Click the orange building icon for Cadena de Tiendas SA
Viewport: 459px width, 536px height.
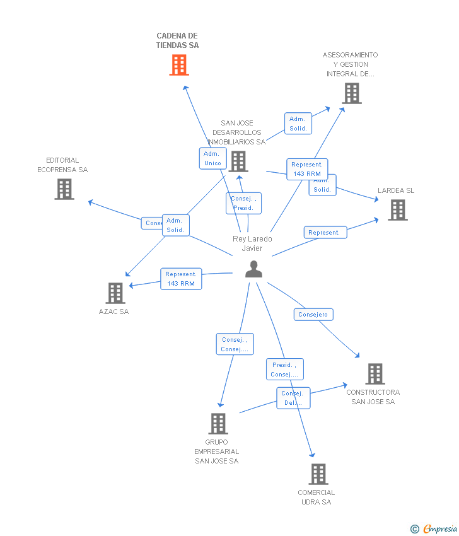click(x=179, y=65)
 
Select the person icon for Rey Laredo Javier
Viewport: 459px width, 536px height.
click(x=253, y=269)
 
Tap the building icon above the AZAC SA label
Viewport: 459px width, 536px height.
click(x=115, y=293)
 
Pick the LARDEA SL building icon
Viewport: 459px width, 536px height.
click(x=398, y=210)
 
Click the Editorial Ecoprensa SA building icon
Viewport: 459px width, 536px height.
click(x=64, y=189)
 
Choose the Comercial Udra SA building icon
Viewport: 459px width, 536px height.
click(x=318, y=474)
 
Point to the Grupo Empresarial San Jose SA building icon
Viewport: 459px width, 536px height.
click(x=218, y=424)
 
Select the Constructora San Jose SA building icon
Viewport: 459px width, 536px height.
click(x=375, y=374)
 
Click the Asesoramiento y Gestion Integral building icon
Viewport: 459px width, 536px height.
click(x=352, y=93)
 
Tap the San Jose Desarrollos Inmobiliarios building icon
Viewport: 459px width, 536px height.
click(x=238, y=161)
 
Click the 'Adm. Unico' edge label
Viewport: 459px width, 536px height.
click(x=212, y=158)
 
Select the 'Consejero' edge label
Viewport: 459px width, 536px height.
click(x=313, y=314)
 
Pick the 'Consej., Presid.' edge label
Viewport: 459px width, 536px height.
click(x=243, y=203)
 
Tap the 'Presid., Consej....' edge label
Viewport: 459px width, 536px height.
click(x=284, y=370)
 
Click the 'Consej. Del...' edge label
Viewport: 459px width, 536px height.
click(x=293, y=398)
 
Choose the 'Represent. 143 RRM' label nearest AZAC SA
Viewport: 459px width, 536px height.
click(x=181, y=279)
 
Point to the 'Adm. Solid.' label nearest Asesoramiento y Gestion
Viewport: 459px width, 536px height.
click(x=298, y=124)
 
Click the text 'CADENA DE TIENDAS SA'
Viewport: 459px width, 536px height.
click(x=177, y=40)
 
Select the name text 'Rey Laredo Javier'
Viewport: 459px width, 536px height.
click(x=252, y=243)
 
